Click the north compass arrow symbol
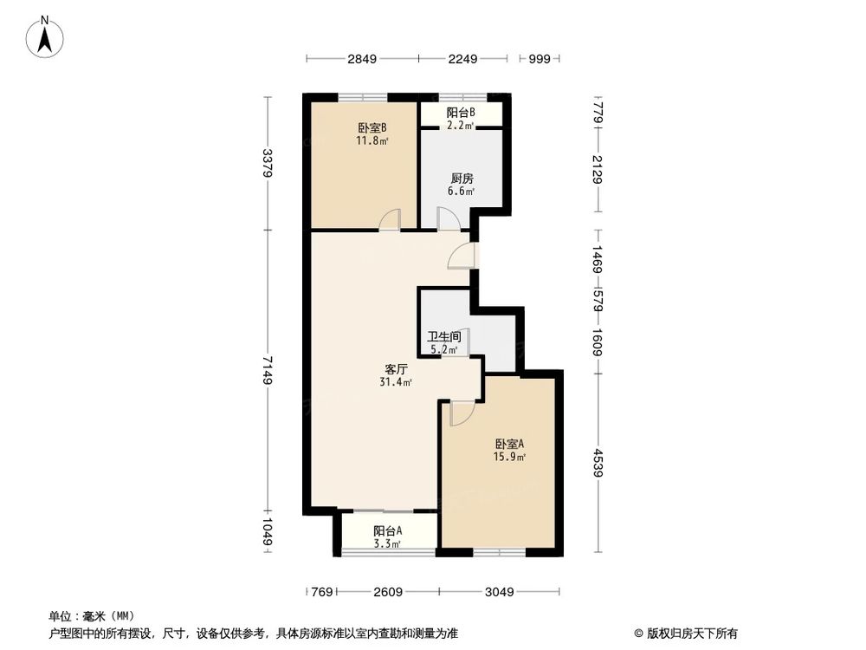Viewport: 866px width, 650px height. point(47,37)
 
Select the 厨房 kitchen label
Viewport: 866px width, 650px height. point(460,179)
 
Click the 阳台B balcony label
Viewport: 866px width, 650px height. point(460,113)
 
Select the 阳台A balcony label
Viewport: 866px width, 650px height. point(387,531)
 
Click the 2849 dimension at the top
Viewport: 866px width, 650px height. point(362,59)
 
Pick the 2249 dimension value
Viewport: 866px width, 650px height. point(462,59)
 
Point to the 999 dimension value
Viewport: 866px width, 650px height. point(540,59)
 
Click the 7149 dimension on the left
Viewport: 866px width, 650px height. point(268,370)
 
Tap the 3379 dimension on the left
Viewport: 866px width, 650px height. point(268,163)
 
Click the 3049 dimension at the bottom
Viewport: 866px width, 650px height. point(499,593)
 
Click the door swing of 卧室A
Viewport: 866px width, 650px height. point(461,413)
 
